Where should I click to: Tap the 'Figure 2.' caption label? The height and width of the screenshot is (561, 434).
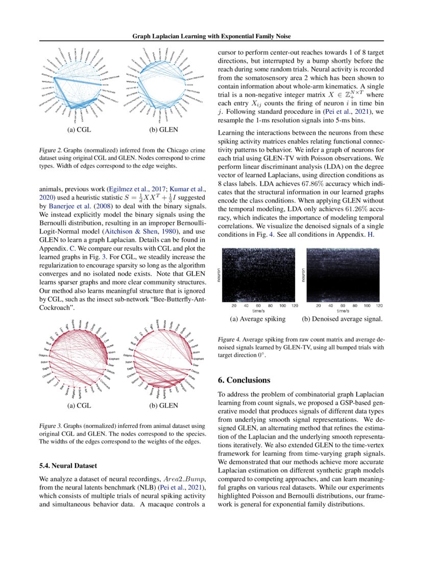tap(50, 151)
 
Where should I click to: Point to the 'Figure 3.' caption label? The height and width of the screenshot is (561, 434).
tap(50, 425)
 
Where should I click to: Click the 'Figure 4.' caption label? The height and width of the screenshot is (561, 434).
tap(229, 339)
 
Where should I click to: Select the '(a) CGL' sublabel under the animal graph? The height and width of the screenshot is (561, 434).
tap(79, 406)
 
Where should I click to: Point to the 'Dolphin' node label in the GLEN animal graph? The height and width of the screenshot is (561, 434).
tap(128, 355)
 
